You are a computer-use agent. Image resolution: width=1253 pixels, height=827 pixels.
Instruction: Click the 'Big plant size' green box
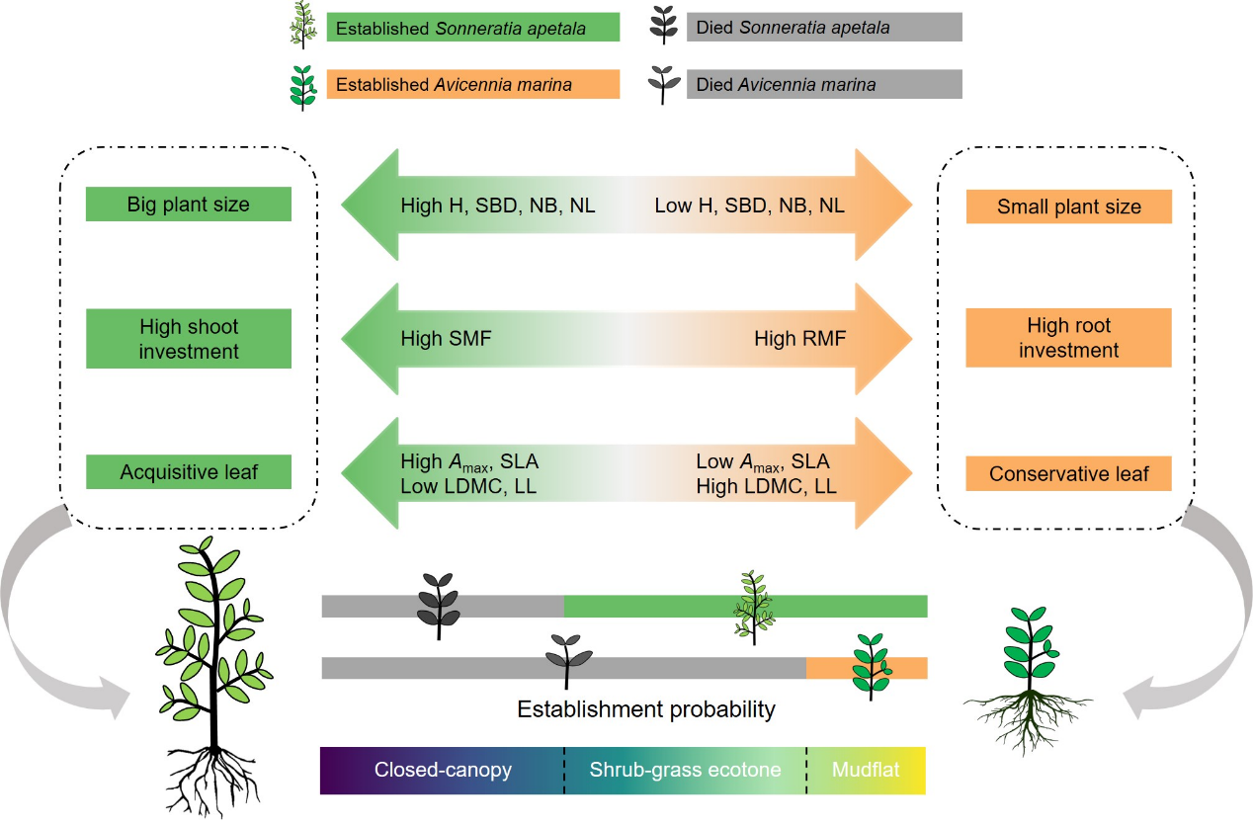pos(188,205)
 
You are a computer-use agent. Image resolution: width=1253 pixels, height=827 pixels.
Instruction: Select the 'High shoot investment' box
pos(188,339)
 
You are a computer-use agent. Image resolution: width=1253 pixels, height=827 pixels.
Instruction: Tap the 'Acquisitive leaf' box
pos(188,472)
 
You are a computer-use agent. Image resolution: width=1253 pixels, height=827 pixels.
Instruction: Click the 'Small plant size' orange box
pos(1068,207)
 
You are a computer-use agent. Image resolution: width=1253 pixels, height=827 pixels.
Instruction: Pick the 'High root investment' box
pos(1068,338)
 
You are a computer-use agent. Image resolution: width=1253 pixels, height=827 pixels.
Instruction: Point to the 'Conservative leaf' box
pos(1068,474)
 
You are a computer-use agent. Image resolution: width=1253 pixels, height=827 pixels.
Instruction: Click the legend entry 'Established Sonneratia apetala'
pos(472,28)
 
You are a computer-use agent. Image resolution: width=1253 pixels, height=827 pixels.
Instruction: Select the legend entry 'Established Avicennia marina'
pos(472,84)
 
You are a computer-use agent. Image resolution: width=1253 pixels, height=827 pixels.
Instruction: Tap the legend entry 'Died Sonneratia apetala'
pos(823,28)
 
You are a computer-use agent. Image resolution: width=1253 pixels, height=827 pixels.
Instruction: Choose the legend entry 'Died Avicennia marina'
pos(823,84)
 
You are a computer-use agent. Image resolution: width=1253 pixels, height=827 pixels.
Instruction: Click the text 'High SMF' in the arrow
pos(446,339)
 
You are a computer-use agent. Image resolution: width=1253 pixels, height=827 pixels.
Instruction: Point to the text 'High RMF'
pos(799,339)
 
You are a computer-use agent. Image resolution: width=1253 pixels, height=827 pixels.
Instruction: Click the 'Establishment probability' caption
pos(645,709)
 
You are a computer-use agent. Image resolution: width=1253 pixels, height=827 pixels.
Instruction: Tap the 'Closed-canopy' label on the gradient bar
pos(443,770)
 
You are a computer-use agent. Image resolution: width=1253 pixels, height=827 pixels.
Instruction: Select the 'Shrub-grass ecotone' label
pos(685,770)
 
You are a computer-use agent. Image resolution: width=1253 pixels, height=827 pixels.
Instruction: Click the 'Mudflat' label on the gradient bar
pos(866,769)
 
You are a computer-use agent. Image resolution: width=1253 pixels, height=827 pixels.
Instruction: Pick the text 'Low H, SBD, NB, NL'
pos(749,207)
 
